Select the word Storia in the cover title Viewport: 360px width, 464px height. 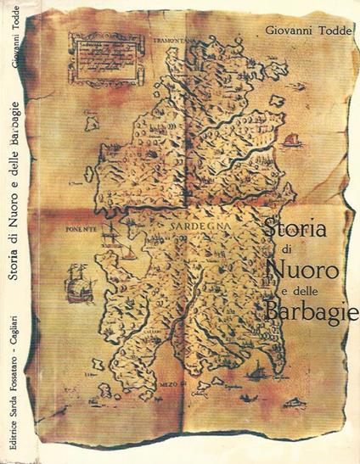tap(291, 227)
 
